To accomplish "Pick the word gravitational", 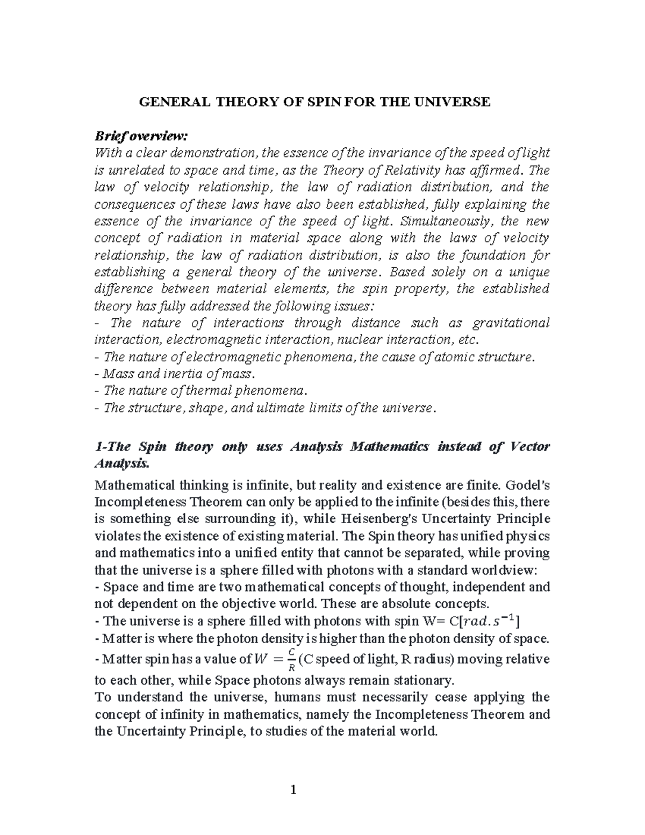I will [x=511, y=323].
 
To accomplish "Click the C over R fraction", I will [x=291, y=659].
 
